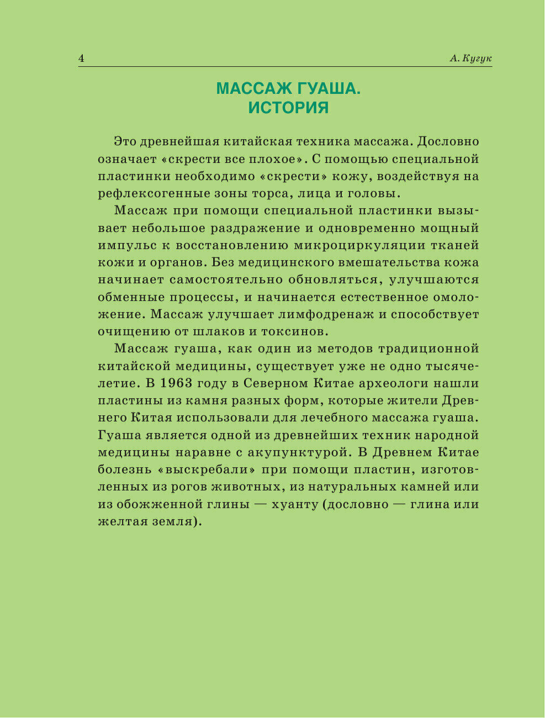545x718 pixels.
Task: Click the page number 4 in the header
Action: pyautogui.click(x=81, y=59)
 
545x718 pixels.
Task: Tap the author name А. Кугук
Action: pyautogui.click(x=470, y=59)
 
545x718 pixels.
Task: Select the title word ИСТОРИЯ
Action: pyautogui.click(x=288, y=108)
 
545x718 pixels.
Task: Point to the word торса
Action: pyautogui.click(x=267, y=193)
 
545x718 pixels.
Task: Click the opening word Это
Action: pyautogui.click(x=124, y=141)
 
